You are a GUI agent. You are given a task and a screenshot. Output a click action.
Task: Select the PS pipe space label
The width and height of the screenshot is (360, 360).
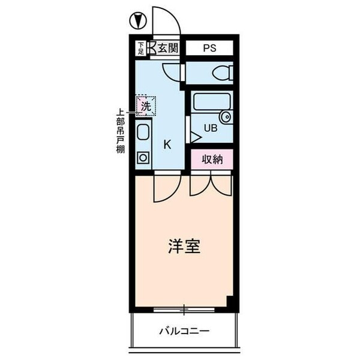point(209,48)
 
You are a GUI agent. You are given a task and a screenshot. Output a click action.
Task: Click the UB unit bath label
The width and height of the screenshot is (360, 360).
point(211,127)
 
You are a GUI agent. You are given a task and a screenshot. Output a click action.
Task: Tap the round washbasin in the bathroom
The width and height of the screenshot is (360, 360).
point(226,116)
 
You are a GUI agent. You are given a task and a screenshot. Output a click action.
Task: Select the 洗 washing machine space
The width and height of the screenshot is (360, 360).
point(145,106)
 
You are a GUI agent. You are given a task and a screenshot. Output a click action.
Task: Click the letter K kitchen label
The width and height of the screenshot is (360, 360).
point(168,144)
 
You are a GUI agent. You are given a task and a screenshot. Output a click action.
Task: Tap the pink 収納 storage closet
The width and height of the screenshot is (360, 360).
point(212,160)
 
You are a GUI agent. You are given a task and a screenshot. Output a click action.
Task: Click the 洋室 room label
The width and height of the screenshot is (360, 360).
point(184,247)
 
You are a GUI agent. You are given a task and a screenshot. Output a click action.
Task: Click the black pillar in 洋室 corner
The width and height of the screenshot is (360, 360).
point(229,301)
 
